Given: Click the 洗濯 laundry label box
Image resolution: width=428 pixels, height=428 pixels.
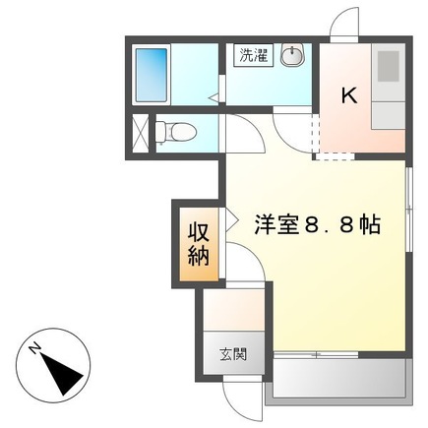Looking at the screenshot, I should pos(252,56).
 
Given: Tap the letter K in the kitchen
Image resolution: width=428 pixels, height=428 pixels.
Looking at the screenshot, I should pos(347,95).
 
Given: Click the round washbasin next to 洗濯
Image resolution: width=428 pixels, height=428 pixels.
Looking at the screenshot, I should pos(293,57).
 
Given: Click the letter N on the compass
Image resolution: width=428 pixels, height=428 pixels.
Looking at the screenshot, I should pos(34,348).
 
